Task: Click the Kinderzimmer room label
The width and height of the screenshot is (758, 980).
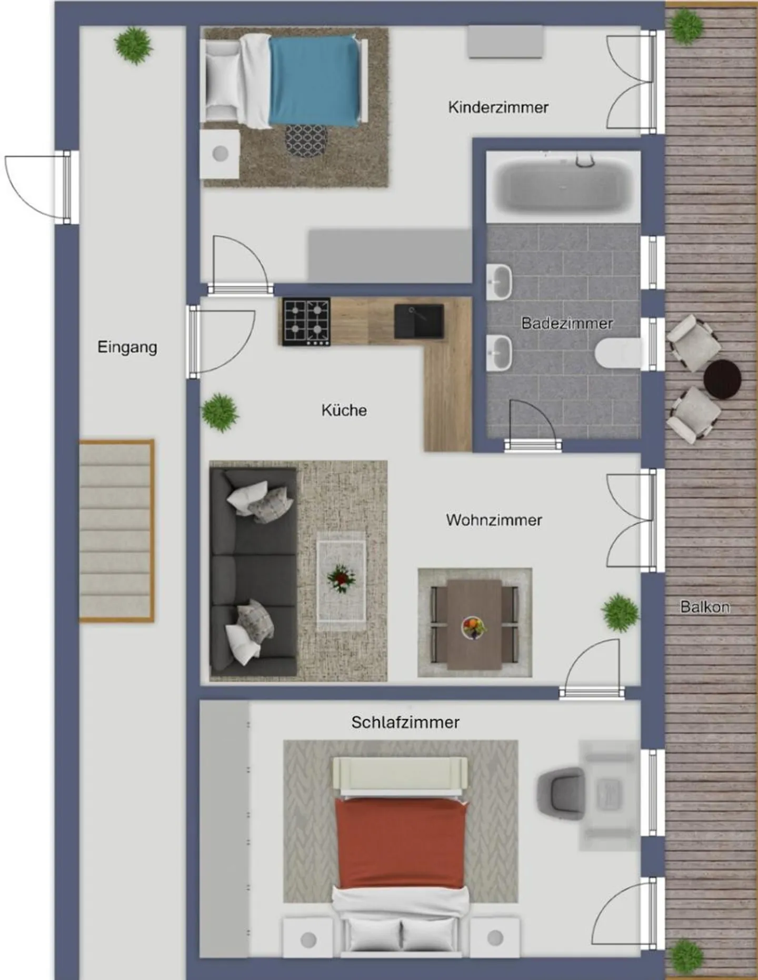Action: point(498,107)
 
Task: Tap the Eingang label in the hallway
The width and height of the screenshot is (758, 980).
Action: point(127,347)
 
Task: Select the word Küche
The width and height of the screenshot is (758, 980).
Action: point(344,410)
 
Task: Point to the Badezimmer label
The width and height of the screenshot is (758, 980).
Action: point(567,323)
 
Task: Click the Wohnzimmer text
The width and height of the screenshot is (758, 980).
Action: point(494,520)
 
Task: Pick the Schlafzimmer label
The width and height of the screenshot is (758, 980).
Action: point(405,722)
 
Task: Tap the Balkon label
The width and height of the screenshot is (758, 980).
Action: point(705,607)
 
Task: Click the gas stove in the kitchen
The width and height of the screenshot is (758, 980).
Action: point(306,322)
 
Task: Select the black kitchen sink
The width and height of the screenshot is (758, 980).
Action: point(419,321)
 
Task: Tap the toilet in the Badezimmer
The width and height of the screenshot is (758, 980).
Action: point(619,352)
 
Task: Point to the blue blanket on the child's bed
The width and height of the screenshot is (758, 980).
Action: point(314,82)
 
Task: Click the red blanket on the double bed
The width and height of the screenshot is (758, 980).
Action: point(401,842)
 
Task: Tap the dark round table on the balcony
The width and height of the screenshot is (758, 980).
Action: point(722,379)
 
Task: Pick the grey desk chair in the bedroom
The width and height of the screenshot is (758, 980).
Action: point(560,793)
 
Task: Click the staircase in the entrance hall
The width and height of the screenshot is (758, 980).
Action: point(116,531)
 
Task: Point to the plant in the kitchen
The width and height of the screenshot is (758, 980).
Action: point(220,412)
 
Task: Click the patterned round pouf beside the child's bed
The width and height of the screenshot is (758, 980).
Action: point(306,140)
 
